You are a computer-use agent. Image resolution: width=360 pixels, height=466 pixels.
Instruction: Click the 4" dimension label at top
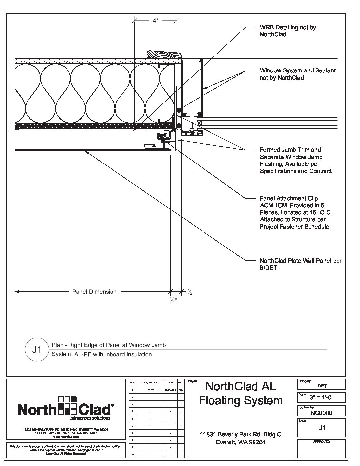[x=156, y=21]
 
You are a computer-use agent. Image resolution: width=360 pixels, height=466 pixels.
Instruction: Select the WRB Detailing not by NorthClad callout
[x=288, y=31]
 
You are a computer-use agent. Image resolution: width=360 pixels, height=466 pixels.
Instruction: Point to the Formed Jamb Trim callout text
[x=295, y=160]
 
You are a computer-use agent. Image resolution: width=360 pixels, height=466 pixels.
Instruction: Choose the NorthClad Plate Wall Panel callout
[x=300, y=264]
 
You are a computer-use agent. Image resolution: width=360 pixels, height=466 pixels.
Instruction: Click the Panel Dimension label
[x=94, y=292]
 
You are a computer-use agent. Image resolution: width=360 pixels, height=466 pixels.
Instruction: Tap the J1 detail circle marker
[x=37, y=349]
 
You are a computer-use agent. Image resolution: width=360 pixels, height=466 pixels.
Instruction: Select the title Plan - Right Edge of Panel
[x=109, y=345]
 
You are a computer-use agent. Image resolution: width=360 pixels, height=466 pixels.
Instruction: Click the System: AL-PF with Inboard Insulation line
[x=102, y=354]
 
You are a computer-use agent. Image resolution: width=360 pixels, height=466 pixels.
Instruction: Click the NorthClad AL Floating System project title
[x=241, y=393]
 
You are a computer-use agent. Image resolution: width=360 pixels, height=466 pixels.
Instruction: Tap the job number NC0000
[x=322, y=413]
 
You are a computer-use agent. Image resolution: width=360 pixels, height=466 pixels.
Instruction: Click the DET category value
[x=322, y=386]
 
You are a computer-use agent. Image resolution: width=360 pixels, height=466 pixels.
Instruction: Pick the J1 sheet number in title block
[x=322, y=428]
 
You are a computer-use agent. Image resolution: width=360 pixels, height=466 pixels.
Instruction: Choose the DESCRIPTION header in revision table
[x=150, y=382]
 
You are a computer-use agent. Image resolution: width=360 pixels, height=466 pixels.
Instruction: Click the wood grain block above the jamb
[x=164, y=55]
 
